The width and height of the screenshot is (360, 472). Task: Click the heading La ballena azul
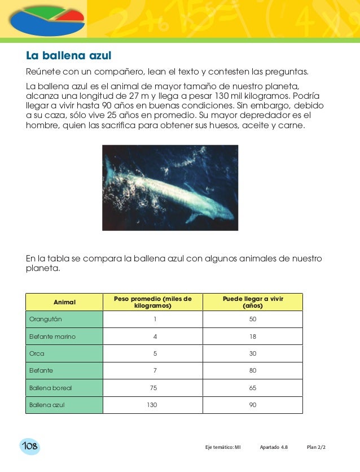click(x=69, y=56)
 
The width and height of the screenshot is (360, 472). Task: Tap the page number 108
click(x=29, y=447)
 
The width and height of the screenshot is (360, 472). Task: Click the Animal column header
click(x=64, y=302)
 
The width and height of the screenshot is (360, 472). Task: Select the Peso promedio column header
click(x=153, y=302)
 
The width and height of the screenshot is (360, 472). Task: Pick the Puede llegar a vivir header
click(x=252, y=302)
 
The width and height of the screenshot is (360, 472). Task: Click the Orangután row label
click(x=46, y=320)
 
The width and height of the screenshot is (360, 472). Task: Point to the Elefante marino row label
click(x=52, y=336)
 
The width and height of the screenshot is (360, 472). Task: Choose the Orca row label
click(x=37, y=353)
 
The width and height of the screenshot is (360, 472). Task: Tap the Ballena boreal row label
click(x=50, y=388)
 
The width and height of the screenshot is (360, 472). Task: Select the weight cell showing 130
click(x=152, y=405)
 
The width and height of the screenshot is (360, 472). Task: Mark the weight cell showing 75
click(x=152, y=388)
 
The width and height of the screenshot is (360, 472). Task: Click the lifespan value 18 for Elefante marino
click(x=252, y=336)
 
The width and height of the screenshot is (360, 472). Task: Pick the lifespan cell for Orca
click(x=252, y=353)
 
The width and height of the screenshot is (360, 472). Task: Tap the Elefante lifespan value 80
click(x=252, y=371)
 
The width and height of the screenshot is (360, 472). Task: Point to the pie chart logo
click(x=45, y=19)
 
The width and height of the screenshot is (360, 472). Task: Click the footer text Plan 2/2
click(x=316, y=447)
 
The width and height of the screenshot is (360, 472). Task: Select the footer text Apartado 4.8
click(x=273, y=447)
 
